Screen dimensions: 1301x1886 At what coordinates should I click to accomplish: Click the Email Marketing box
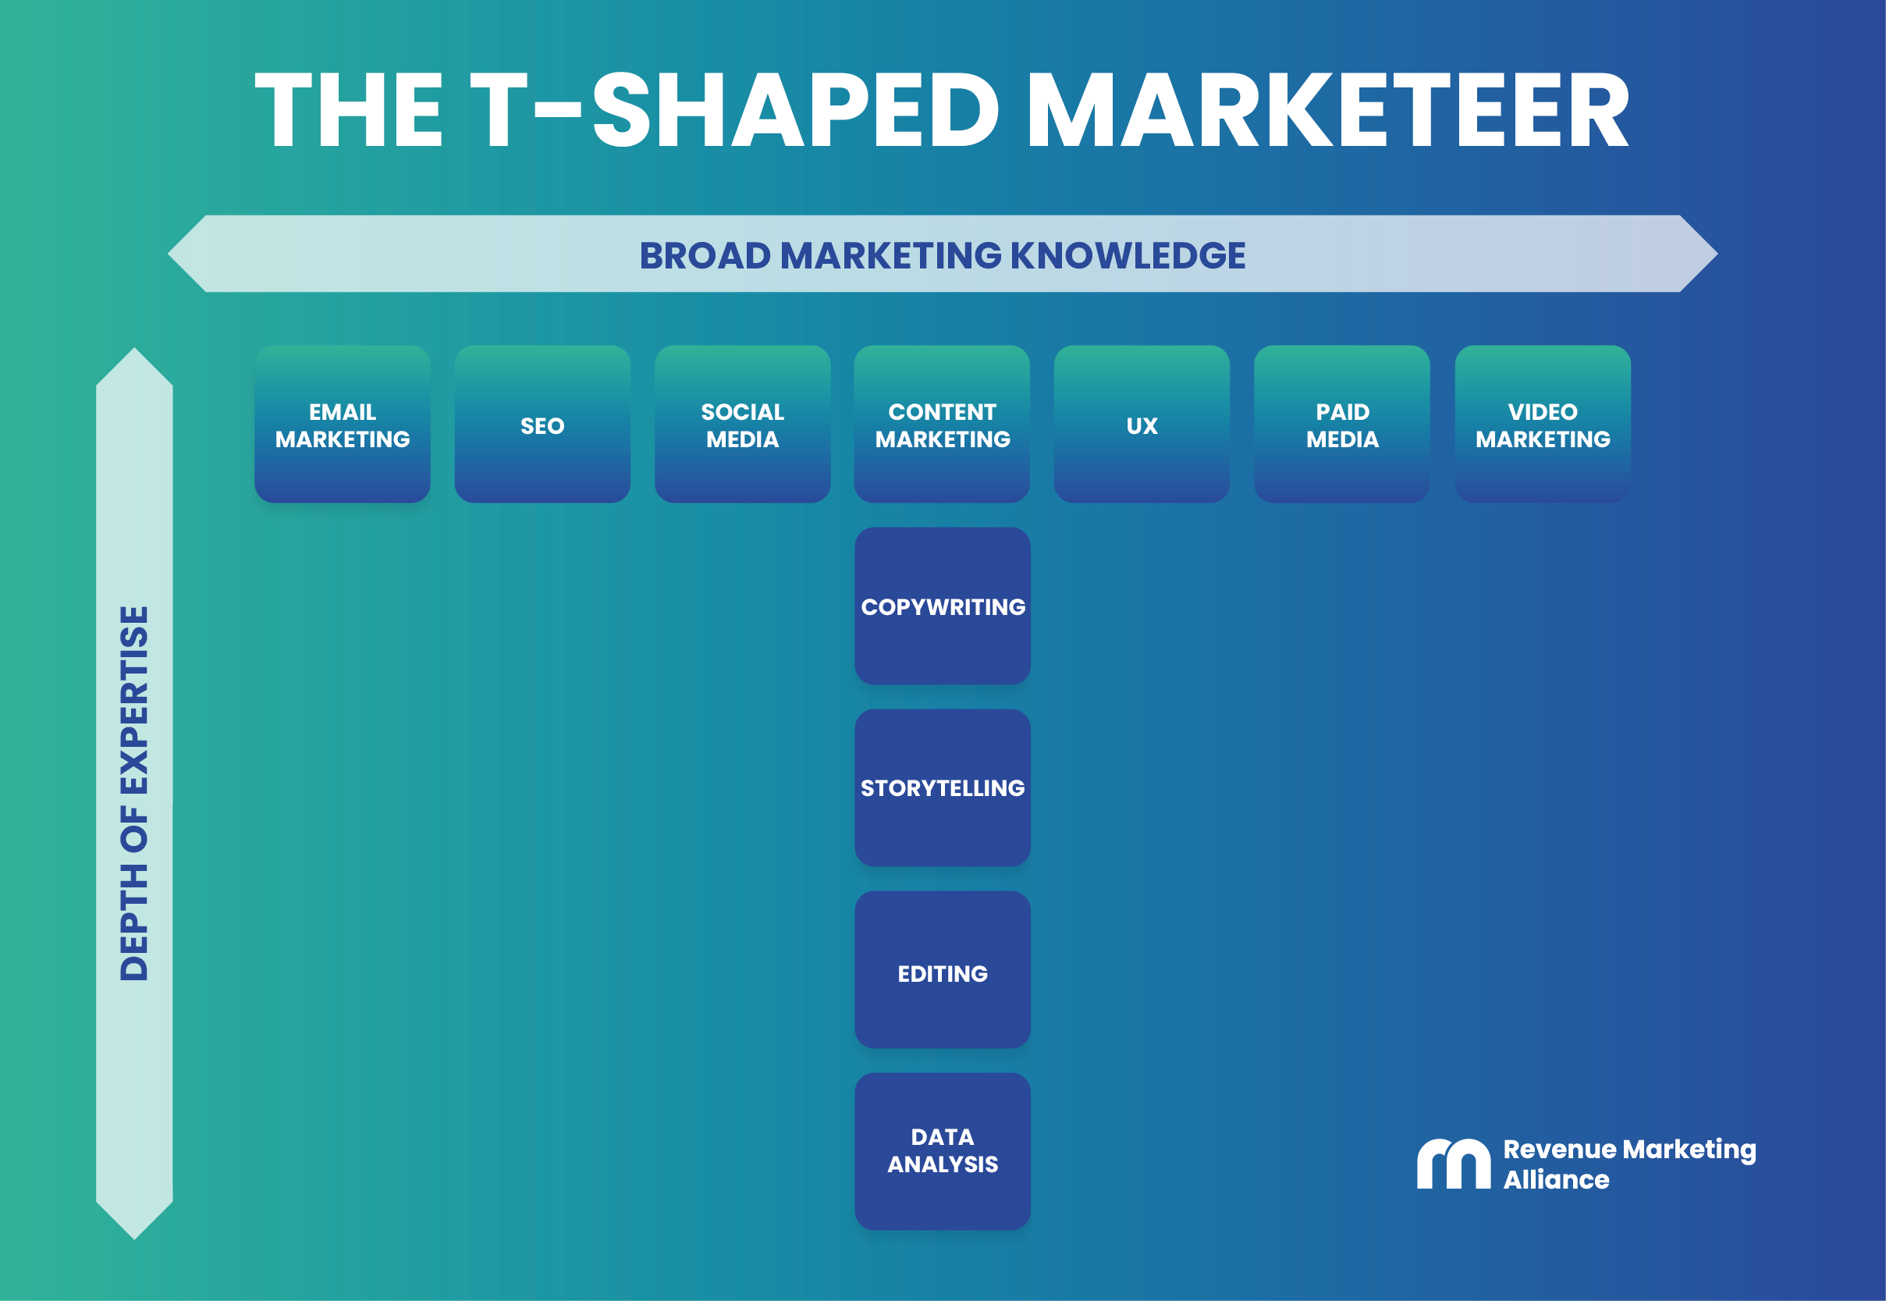pos(343,424)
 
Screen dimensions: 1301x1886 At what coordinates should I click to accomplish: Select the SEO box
pos(542,424)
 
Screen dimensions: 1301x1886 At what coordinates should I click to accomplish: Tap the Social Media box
pos(742,424)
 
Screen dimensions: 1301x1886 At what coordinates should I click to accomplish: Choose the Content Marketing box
pos(942,424)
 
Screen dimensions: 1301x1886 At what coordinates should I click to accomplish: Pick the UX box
pos(1141,424)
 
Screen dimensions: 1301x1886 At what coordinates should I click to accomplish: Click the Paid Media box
pos(1341,424)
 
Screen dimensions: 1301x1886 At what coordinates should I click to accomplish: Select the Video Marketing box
pos(1542,424)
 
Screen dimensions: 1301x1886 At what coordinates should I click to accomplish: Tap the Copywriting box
pos(942,606)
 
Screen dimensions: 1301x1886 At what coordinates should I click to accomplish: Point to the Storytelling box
pos(942,787)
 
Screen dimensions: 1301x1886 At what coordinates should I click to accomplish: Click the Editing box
pos(942,970)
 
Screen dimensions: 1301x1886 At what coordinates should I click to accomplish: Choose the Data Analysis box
pos(942,1151)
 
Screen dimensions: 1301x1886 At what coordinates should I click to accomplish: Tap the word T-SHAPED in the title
pos(733,110)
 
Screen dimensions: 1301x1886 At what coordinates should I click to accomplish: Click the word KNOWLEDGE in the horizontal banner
pos(1128,255)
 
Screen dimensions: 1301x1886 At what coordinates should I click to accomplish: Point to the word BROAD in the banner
pos(705,255)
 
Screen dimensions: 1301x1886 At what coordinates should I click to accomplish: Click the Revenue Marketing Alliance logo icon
pos(1453,1164)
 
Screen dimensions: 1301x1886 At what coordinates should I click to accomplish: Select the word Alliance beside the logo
pos(1555,1179)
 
